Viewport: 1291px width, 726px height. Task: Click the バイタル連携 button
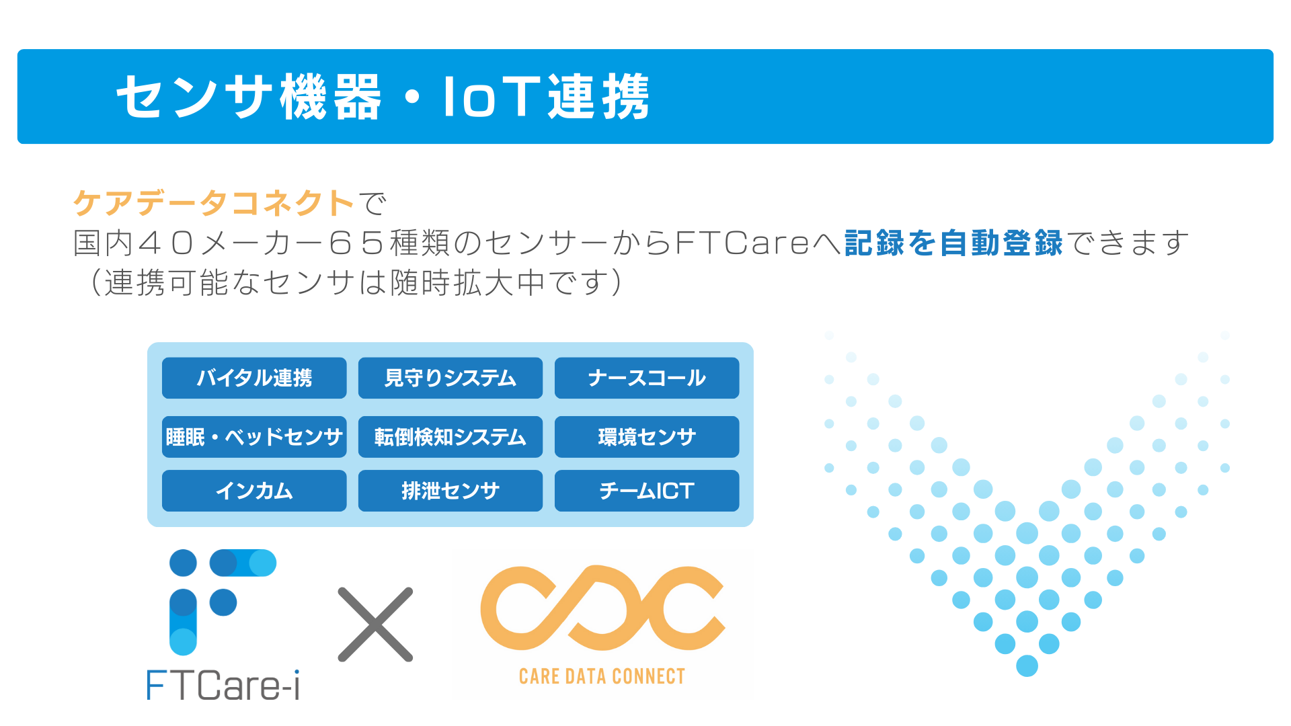[254, 378]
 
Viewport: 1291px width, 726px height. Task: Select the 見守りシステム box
[451, 378]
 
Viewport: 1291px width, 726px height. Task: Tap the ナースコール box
[647, 378]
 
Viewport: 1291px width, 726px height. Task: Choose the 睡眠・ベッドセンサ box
[254, 437]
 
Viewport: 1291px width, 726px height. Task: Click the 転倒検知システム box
[451, 437]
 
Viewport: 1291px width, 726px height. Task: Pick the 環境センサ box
[647, 437]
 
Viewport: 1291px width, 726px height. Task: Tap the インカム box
[254, 491]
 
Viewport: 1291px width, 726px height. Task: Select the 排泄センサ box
[451, 491]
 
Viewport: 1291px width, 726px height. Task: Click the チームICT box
[647, 491]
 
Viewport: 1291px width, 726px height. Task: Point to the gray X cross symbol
[375, 624]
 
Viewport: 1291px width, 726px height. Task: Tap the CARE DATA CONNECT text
[602, 676]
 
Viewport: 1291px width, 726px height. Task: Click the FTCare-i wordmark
[223, 686]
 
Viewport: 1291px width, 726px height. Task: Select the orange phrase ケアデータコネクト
[214, 203]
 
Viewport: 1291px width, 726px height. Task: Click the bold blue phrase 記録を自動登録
[953, 243]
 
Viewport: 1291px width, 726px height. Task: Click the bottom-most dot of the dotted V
[1027, 666]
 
